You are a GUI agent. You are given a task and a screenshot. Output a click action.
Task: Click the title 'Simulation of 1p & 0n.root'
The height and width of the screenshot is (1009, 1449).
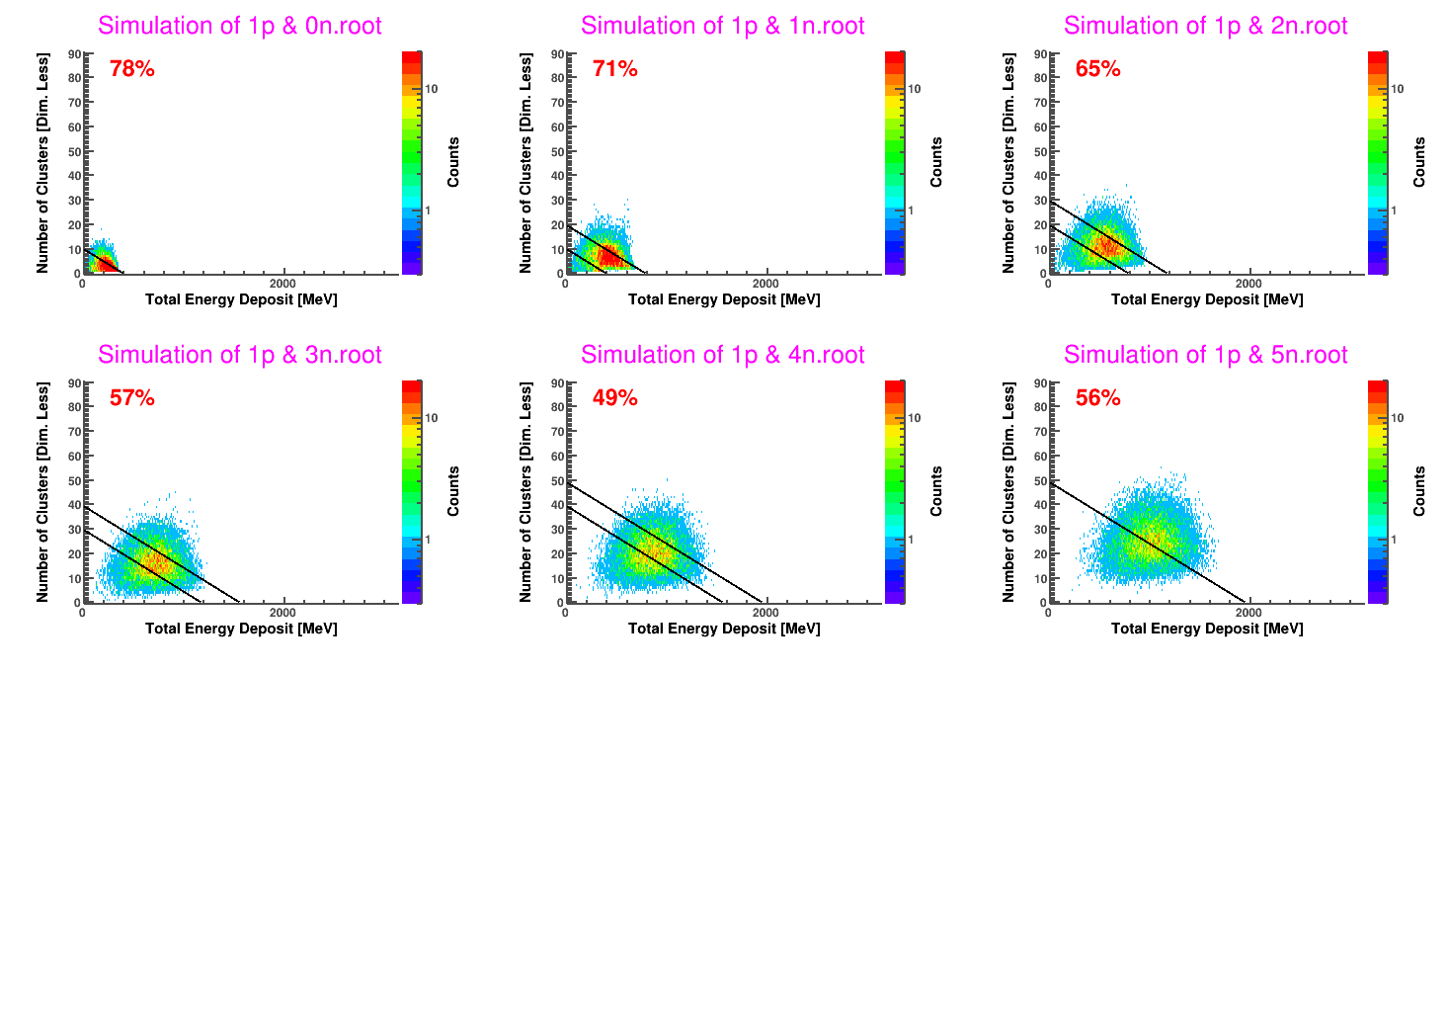pos(239,26)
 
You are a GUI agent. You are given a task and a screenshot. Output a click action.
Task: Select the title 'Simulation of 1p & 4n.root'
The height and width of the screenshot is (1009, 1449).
pos(722,355)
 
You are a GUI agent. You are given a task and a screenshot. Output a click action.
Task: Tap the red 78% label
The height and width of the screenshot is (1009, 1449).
pos(131,69)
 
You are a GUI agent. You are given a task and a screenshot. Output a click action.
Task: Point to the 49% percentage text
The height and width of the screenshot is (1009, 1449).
pos(614,398)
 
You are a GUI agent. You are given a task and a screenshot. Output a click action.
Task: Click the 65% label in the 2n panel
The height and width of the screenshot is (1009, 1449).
pos(1097,69)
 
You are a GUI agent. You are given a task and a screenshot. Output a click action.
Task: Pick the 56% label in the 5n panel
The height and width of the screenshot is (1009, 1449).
pos(1097,398)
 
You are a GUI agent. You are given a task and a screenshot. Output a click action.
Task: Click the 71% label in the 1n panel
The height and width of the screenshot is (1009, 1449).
pos(614,69)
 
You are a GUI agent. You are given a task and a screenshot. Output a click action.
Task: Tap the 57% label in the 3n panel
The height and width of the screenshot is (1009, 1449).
pos(131,398)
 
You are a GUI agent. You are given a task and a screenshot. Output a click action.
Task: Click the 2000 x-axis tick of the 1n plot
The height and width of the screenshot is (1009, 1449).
pos(765,284)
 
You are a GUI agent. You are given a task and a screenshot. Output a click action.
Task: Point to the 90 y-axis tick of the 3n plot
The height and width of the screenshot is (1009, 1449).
pos(74,383)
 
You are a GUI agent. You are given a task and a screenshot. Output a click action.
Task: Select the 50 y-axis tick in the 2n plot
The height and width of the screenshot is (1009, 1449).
pos(1040,152)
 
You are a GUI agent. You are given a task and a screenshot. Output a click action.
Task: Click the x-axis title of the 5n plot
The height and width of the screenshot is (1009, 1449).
pos(1206,629)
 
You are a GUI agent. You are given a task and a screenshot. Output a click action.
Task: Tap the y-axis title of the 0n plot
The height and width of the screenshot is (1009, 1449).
pos(42,163)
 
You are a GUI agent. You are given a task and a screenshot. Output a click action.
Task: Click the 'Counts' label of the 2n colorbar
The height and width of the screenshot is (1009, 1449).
pos(1419,162)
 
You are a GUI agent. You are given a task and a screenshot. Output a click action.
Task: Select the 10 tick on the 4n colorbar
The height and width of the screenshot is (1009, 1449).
pos(914,418)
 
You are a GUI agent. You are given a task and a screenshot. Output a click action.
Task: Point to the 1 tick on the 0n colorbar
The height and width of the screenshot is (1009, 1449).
pos(428,210)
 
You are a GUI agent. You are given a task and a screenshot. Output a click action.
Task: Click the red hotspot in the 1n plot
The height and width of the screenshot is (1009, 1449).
pos(607,257)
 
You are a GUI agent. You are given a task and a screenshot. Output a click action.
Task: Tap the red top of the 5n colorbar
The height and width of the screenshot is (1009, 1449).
pos(1377,386)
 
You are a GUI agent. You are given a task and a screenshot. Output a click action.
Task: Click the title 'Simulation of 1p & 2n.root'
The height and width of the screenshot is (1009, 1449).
pos(1205,26)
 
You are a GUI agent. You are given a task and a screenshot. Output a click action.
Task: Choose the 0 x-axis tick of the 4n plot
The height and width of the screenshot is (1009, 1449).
pos(565,613)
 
